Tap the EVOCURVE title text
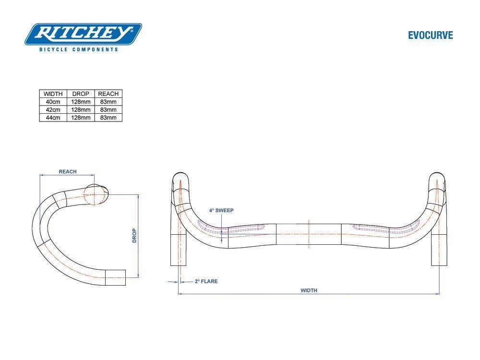[x=430, y=36]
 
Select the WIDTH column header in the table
[x=53, y=94]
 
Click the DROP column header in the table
[x=81, y=94]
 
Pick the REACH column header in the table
[x=108, y=94]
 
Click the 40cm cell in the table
[x=53, y=102]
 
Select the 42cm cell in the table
[x=53, y=109]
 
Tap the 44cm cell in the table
[x=53, y=118]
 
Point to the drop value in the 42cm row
[x=81, y=109]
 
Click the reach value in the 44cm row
[x=108, y=118]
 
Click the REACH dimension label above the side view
[x=68, y=172]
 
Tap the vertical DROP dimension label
[x=135, y=235]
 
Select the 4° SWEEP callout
[x=221, y=210]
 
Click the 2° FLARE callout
[x=206, y=281]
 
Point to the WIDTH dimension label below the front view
[x=309, y=290]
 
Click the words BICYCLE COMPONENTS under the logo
[x=78, y=49]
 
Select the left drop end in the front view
[x=178, y=250]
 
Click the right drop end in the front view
[x=438, y=250]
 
